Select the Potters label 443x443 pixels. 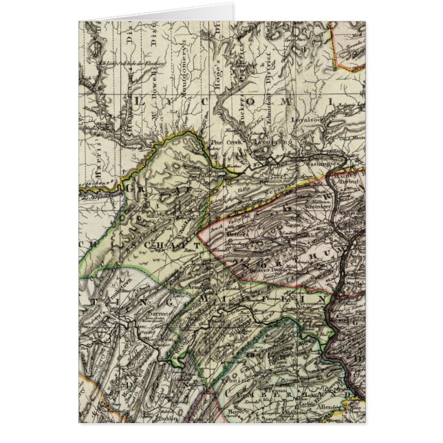(x=237, y=233)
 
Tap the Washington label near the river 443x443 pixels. (x=320, y=164)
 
